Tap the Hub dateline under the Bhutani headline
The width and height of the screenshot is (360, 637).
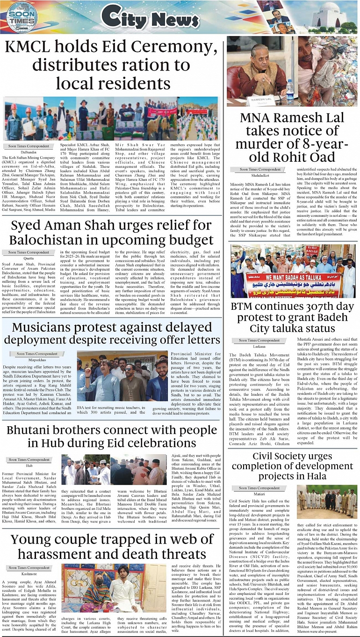click(29, 465)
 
